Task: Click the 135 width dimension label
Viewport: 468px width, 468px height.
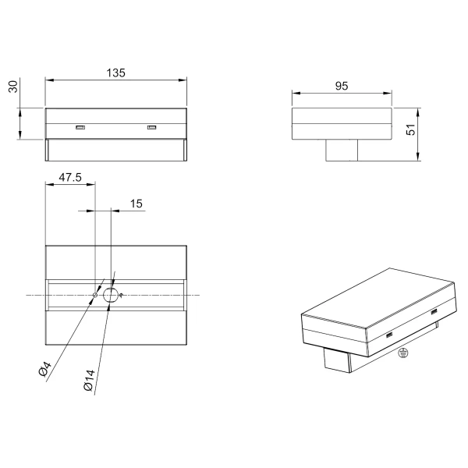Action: point(115,73)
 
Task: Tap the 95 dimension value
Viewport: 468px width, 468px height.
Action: point(341,86)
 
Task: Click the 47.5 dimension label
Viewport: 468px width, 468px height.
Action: point(69,178)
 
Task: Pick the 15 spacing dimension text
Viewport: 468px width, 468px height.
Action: point(136,204)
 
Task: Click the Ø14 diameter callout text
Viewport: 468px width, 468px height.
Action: point(90,382)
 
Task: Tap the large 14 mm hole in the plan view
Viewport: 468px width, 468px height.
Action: point(112,295)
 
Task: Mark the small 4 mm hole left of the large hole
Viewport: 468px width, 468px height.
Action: point(95,295)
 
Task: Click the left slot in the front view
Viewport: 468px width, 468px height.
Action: point(80,127)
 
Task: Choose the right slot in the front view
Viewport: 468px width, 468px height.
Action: point(152,127)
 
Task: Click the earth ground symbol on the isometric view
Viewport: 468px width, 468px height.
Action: point(402,353)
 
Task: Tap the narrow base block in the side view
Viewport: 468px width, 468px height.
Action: point(341,150)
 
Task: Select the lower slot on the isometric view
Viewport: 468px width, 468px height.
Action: point(388,336)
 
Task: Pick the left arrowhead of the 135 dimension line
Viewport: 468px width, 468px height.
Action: point(48,80)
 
